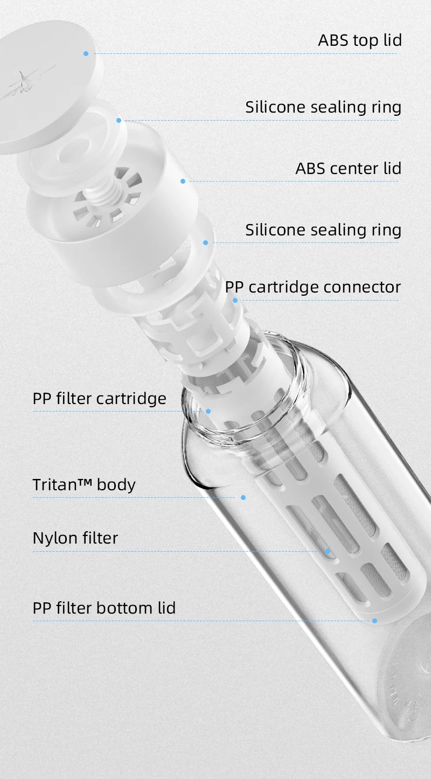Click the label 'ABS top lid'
point(360,40)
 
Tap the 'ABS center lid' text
point(348,168)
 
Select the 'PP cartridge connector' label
point(312,287)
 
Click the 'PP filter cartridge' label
point(99,399)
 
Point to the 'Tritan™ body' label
point(84,484)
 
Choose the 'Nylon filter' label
point(75,538)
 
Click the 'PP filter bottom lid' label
point(104,608)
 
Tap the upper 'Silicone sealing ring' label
point(323,107)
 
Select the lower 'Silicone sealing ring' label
point(323,230)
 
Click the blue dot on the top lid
point(86,53)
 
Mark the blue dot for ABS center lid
point(183,181)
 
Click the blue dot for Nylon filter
point(328,551)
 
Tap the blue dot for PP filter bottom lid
point(374,621)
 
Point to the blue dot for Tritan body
point(243,497)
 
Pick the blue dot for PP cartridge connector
point(235,300)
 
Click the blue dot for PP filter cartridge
point(208,411)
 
